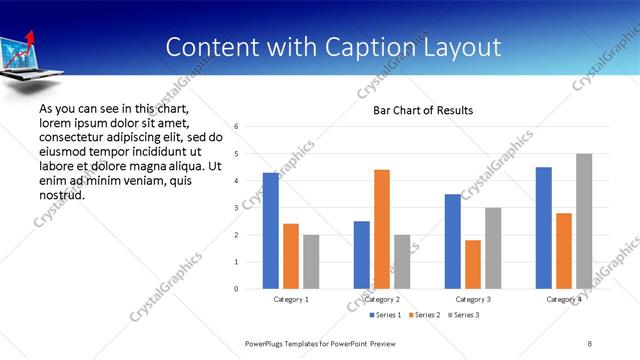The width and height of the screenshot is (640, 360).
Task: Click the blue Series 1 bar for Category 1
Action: coord(271,230)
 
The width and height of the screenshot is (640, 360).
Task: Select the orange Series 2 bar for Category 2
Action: coord(382,229)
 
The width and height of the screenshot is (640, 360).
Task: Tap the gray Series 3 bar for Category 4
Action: coord(584,221)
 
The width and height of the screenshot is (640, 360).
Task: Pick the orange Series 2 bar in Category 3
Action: coord(473,264)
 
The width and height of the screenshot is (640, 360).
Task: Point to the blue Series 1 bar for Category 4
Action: coord(544,227)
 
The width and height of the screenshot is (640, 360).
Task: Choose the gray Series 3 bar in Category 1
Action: coord(311,261)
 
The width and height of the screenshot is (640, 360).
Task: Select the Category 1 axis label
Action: coord(291,299)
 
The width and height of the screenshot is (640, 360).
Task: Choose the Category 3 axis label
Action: coord(473,299)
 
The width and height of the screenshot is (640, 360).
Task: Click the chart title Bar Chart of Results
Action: coord(423,110)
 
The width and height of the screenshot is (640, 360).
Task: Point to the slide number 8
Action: coord(590,343)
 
